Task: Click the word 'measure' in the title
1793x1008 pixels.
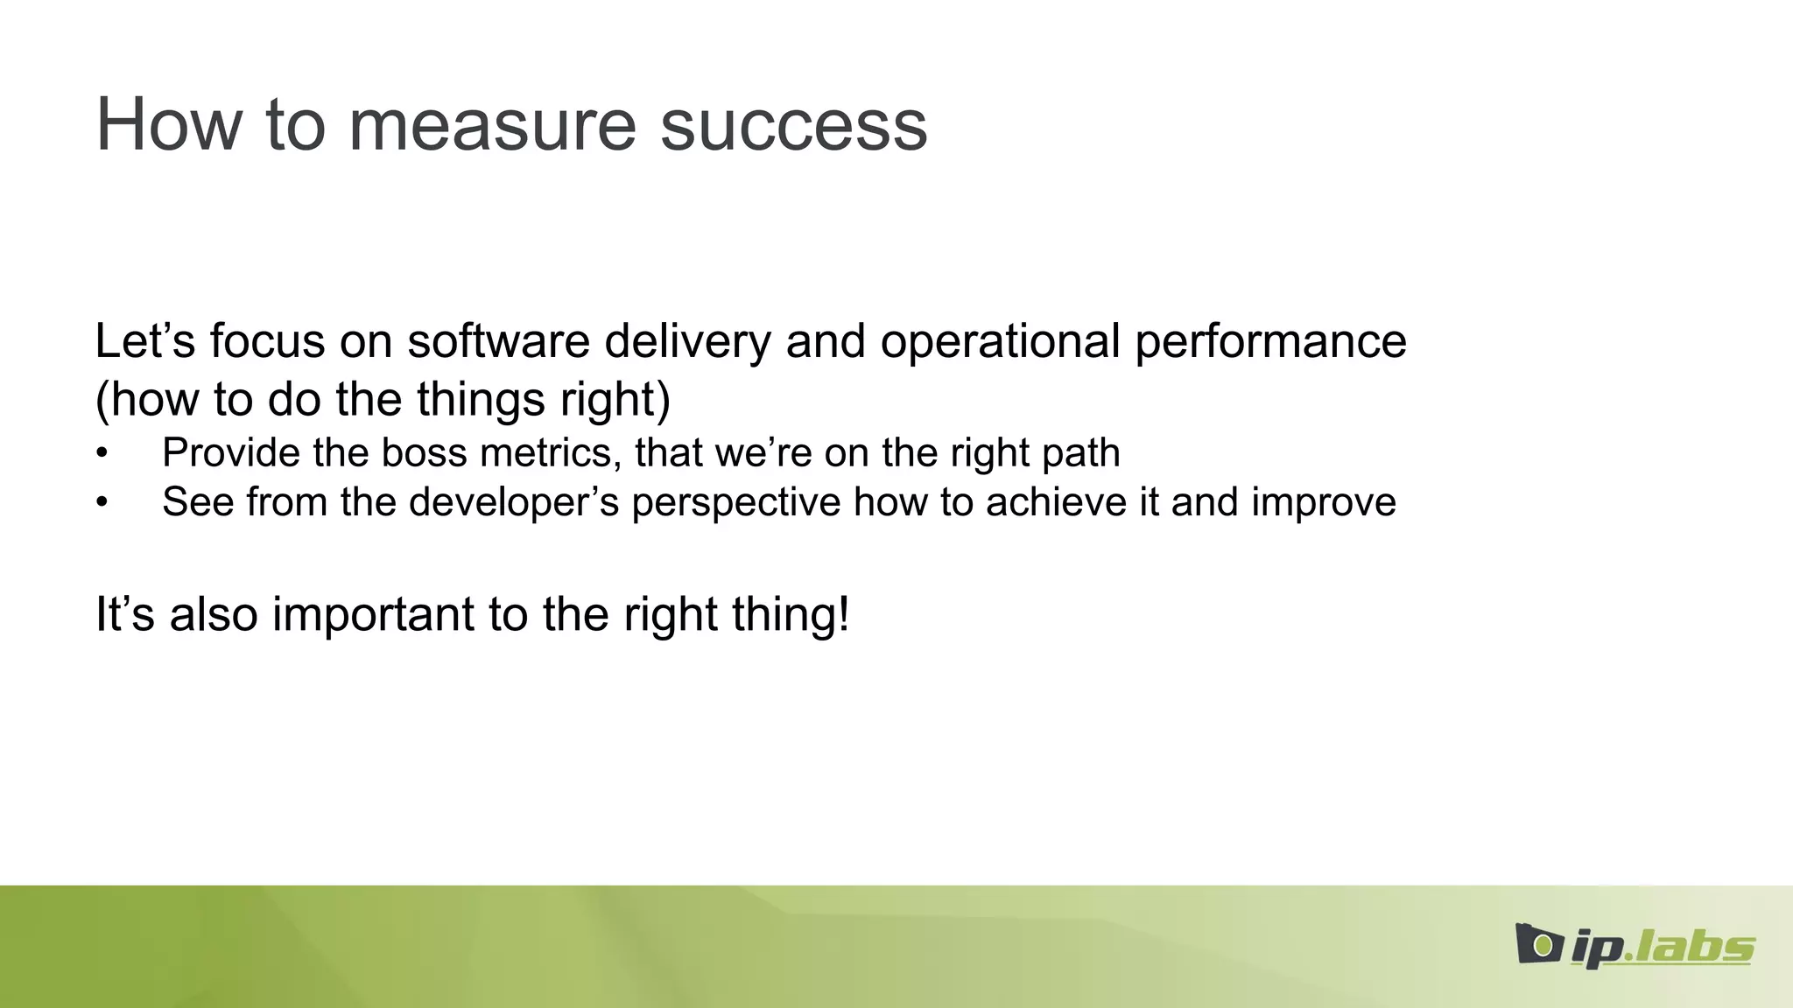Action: point(492,125)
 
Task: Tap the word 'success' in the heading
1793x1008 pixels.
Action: point(793,125)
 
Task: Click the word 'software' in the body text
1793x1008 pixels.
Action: point(498,341)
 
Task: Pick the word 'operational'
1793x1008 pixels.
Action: point(1000,341)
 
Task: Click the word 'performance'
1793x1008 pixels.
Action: point(1270,341)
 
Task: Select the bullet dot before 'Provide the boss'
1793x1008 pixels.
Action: point(102,454)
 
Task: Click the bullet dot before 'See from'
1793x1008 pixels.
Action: point(102,503)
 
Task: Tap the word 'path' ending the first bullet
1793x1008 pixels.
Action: point(1086,453)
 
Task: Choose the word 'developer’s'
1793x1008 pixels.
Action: point(514,502)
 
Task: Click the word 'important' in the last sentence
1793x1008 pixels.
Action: point(374,614)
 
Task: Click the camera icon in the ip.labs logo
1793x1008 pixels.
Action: point(1539,944)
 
